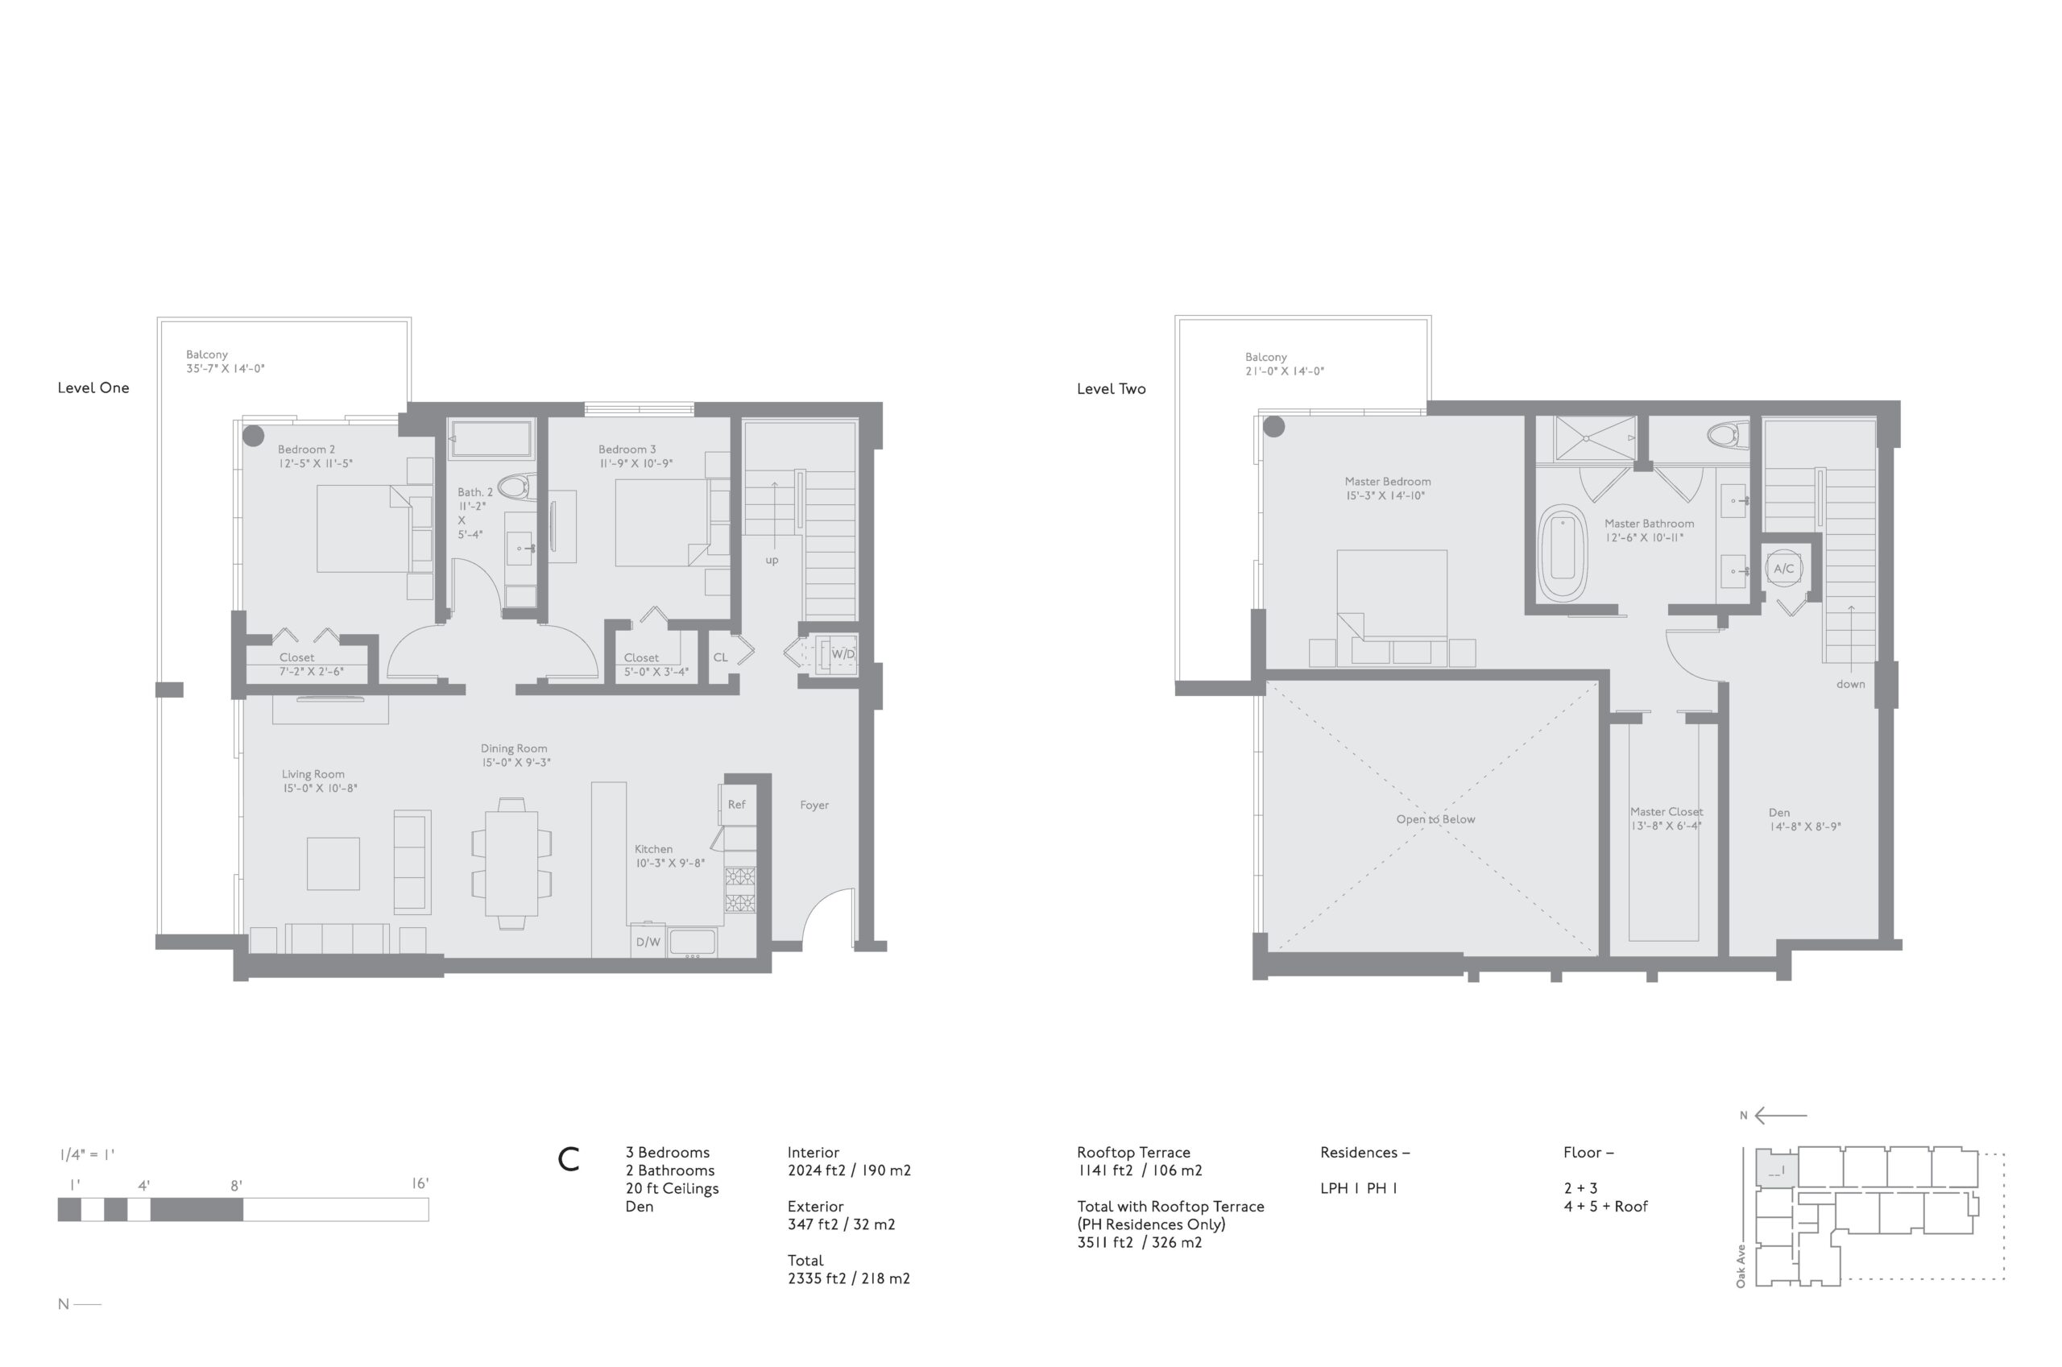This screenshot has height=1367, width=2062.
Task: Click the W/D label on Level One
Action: [843, 654]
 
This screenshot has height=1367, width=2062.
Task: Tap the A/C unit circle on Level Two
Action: [1784, 569]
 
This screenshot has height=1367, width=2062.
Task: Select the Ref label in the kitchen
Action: [736, 805]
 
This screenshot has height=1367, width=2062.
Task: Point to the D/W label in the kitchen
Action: [648, 942]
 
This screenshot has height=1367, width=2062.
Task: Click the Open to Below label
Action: [1435, 819]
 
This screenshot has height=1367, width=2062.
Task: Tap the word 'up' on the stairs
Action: [772, 561]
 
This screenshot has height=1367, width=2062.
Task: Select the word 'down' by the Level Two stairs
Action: [1850, 685]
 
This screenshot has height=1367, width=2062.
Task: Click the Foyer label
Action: [814, 806]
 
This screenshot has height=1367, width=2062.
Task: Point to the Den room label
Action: [1778, 813]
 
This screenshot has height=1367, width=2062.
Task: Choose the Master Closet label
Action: [1667, 812]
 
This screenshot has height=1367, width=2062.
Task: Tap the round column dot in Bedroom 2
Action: [253, 435]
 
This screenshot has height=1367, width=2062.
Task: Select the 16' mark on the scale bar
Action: [420, 1184]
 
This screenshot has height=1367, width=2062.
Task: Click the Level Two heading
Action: [1112, 389]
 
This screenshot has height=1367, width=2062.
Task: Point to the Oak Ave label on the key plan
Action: [1741, 1266]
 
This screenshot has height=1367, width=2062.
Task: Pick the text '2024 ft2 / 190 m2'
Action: [849, 1170]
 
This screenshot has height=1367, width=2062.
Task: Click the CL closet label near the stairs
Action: [720, 657]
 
